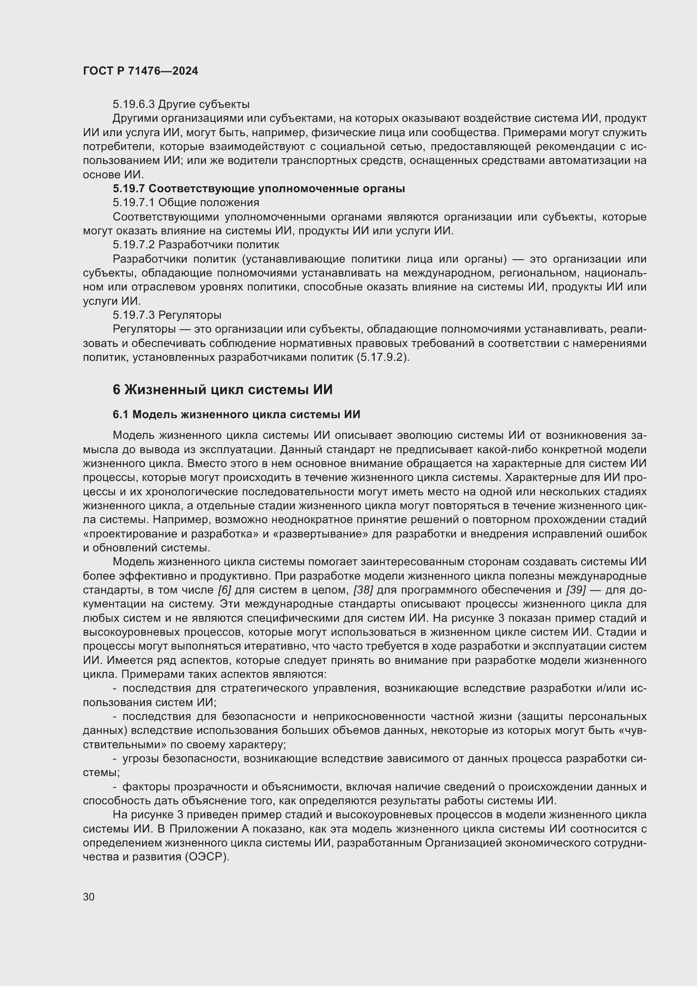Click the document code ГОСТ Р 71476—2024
click(x=140, y=71)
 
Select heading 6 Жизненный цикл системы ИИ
click(x=223, y=390)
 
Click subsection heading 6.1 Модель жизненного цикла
click(x=236, y=414)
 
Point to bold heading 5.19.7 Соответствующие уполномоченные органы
click(x=259, y=188)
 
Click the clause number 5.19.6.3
click(x=134, y=105)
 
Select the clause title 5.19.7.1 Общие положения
click(x=186, y=202)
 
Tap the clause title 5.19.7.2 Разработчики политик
click(x=196, y=244)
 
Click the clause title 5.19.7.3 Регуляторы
click(x=167, y=315)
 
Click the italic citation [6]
click(x=225, y=590)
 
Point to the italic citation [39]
click(x=576, y=590)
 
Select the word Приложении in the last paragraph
click(x=204, y=829)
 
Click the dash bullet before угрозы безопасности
click(x=115, y=759)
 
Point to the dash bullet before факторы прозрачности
click(x=115, y=787)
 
